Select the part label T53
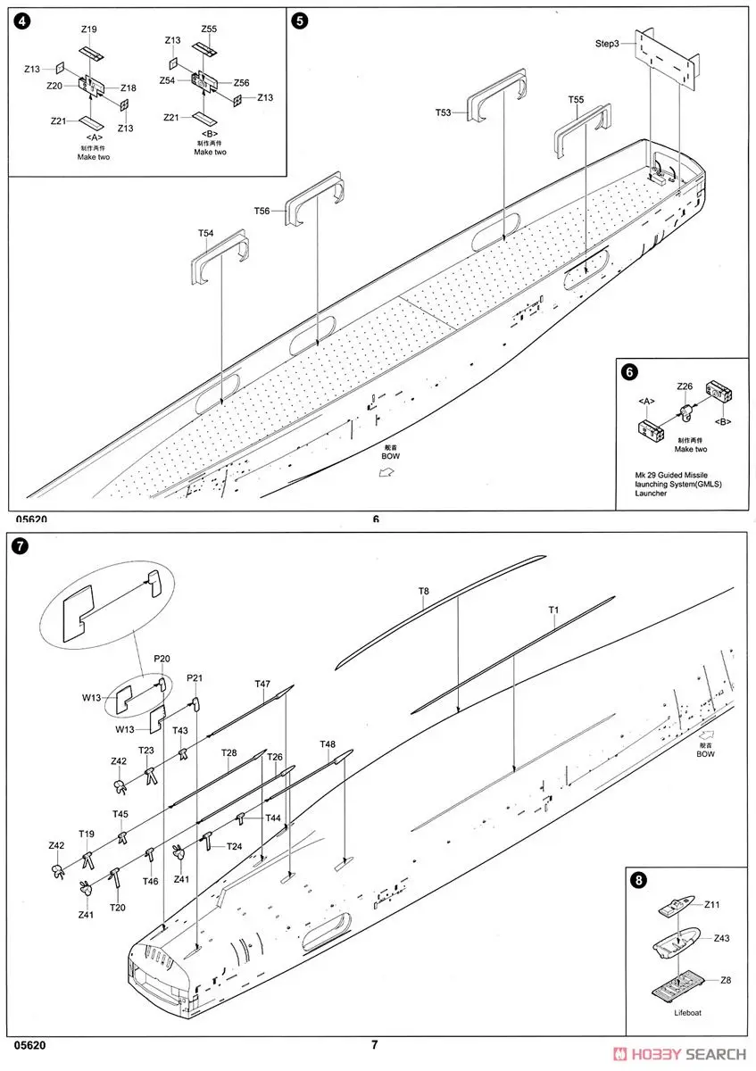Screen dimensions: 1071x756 [x=444, y=112]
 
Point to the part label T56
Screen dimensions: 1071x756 [x=262, y=211]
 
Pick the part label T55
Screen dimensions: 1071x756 [x=576, y=100]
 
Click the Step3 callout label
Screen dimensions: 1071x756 [x=607, y=44]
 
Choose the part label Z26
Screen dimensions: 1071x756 [x=685, y=386]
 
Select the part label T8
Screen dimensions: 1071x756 [x=424, y=591]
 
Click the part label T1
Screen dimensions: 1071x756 [x=553, y=610]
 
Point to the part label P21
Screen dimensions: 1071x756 [x=195, y=677]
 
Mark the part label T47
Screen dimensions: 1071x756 [x=262, y=684]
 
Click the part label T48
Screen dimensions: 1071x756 [x=328, y=744]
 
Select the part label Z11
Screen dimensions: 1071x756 [x=711, y=904]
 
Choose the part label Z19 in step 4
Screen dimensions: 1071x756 [x=88, y=29]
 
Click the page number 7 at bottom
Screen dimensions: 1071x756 [x=376, y=1045]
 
